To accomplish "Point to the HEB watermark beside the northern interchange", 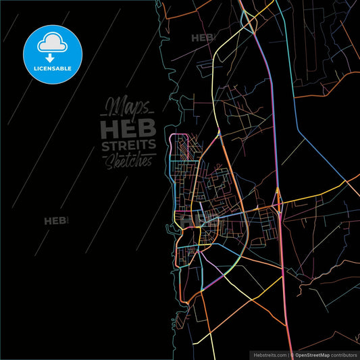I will click(202, 38).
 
